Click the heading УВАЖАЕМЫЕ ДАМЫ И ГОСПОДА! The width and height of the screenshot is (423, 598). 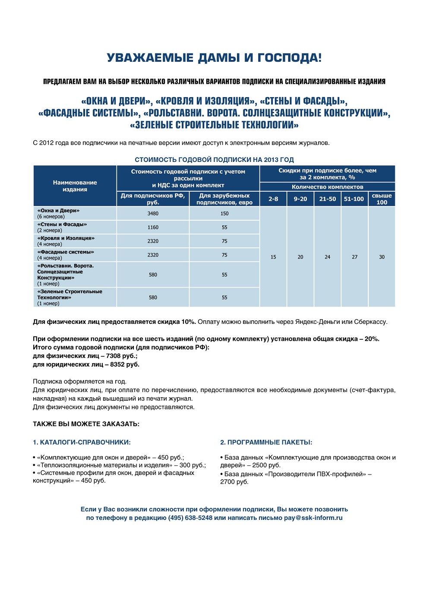(x=214, y=58)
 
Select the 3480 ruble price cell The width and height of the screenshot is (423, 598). (x=153, y=214)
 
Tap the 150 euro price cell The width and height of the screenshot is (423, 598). (x=224, y=214)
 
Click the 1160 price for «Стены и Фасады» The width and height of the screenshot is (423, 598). (x=153, y=228)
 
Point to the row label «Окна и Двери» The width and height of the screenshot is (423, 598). (x=58, y=211)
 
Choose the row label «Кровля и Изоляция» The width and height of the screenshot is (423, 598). (x=66, y=238)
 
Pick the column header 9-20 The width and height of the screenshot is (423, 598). (x=300, y=199)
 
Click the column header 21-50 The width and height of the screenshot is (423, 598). (x=328, y=199)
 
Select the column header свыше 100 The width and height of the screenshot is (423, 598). (x=382, y=199)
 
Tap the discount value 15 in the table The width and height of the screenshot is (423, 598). (x=273, y=257)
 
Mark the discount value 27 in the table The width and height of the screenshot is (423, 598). (x=354, y=257)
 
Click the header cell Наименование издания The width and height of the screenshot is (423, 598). (x=75, y=186)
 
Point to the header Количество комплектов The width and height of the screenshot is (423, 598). (x=327, y=187)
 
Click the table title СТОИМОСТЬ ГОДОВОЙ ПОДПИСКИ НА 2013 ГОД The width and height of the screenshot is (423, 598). (x=214, y=160)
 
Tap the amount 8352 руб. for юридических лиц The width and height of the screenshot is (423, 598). (x=125, y=364)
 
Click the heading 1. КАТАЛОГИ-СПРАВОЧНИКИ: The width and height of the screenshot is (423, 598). (x=82, y=443)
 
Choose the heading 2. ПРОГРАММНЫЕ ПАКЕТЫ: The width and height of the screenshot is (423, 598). (x=266, y=443)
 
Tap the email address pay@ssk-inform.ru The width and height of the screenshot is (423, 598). (x=313, y=518)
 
